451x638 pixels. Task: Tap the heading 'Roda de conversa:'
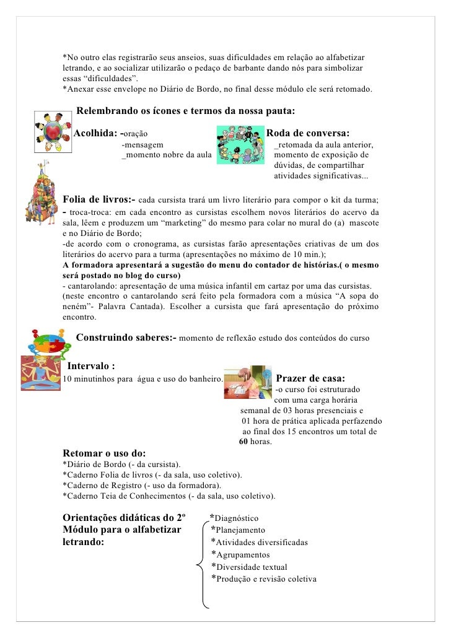click(x=308, y=133)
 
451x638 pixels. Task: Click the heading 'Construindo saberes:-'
click(x=126, y=338)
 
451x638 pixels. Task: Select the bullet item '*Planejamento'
click(x=238, y=530)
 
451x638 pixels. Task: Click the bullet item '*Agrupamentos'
click(x=240, y=554)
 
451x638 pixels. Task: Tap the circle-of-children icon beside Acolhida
click(x=50, y=131)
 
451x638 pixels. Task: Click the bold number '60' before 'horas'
click(x=243, y=442)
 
